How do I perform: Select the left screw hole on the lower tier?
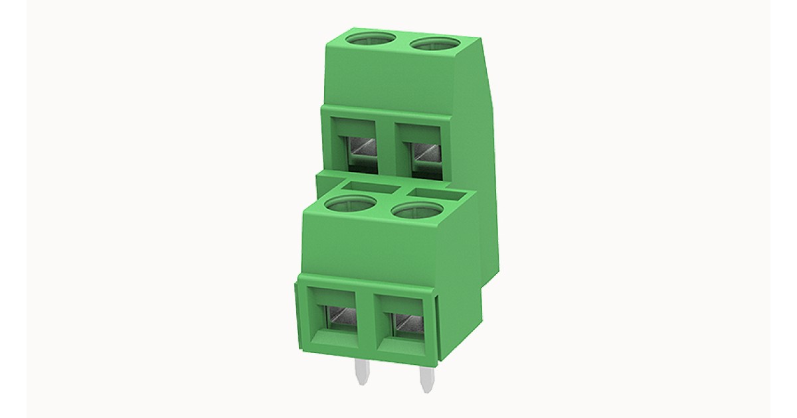[x=350, y=204]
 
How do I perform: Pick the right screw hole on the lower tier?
[x=417, y=212]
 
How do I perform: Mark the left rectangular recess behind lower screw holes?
[x=369, y=188]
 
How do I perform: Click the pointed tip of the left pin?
[x=361, y=383]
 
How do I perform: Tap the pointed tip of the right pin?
[x=424, y=390]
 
